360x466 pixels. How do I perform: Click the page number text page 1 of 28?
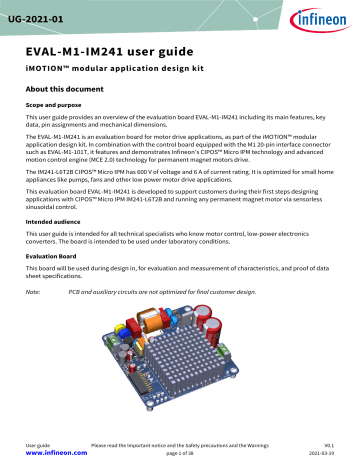click(180, 451)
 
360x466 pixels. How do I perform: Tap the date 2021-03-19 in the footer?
click(319, 451)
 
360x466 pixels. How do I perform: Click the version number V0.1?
click(328, 441)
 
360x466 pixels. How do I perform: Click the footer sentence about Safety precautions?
click(180, 441)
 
